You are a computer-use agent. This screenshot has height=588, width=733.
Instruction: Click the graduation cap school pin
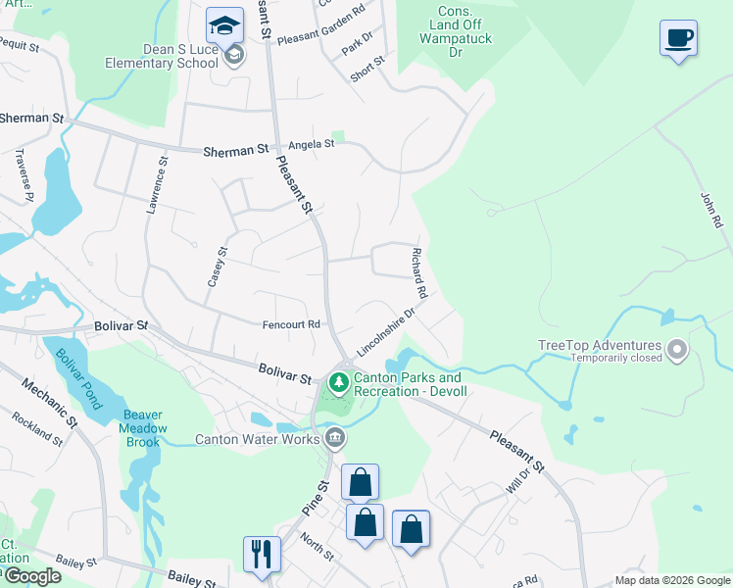tap(224, 24)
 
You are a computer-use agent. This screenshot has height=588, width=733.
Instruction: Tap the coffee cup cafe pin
tap(678, 38)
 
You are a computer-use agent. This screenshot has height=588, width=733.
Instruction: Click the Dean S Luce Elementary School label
tap(163, 57)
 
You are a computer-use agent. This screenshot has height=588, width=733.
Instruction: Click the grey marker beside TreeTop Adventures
tap(676, 349)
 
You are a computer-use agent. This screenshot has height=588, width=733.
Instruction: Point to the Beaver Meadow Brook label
tap(144, 421)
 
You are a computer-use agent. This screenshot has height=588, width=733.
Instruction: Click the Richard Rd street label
tap(418, 273)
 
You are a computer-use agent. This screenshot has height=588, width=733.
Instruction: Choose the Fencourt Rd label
tap(291, 324)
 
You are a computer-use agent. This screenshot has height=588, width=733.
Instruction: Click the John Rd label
tap(710, 210)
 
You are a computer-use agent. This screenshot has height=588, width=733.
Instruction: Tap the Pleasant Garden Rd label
tap(320, 39)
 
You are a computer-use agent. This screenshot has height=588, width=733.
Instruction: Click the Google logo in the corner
tap(31, 576)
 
